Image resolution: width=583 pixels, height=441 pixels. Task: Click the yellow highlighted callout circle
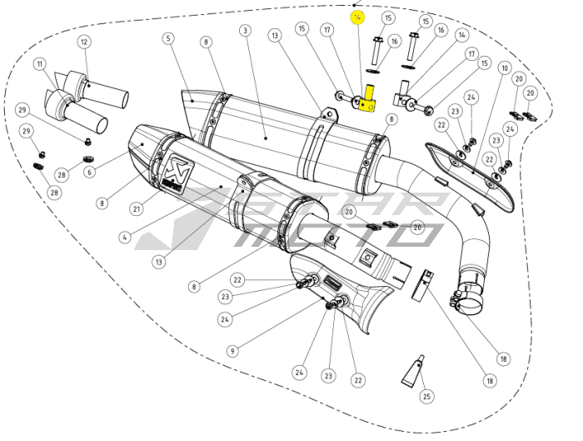point(358,18)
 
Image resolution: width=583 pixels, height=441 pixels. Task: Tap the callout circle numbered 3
point(245,31)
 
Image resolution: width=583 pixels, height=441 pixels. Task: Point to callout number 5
point(168,38)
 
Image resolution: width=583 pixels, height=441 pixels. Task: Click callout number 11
point(39,63)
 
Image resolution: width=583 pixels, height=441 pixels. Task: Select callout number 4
point(124,237)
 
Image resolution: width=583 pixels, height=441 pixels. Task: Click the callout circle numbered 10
point(505,68)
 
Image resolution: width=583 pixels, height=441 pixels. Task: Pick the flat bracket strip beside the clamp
point(424,284)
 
